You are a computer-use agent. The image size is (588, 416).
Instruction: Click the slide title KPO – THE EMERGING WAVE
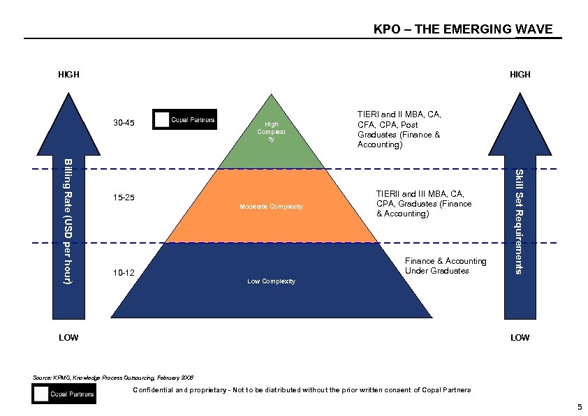[463, 29]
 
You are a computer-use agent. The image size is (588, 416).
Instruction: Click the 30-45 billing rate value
[124, 124]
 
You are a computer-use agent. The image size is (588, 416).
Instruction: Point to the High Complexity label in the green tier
[272, 131]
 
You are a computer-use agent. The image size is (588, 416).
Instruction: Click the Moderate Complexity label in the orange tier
[272, 207]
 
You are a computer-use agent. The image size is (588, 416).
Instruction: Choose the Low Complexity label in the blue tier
[272, 281]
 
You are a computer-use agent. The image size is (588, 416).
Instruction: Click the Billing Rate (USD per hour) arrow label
[68, 221]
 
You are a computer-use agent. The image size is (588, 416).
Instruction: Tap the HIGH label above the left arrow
[68, 74]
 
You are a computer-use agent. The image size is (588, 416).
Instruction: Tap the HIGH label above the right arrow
[520, 74]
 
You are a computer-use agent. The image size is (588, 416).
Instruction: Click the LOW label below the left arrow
[68, 338]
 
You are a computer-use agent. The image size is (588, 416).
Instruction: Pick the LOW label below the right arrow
[520, 338]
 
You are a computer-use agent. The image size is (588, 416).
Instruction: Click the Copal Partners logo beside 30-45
[185, 119]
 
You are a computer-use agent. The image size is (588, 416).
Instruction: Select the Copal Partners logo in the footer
[64, 394]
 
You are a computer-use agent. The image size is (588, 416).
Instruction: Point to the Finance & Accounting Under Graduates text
[446, 266]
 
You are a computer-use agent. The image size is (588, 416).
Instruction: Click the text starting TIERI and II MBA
[399, 130]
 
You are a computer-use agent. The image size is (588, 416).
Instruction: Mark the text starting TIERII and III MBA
[424, 203]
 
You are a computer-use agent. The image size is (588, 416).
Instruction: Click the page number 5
[579, 407]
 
